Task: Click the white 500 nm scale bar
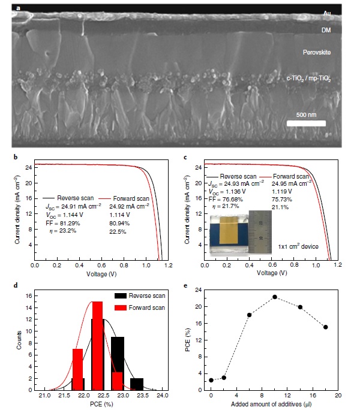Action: point(306,123)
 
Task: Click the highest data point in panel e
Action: point(274,297)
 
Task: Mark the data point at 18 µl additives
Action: point(325,327)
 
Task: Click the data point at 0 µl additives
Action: point(211,380)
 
